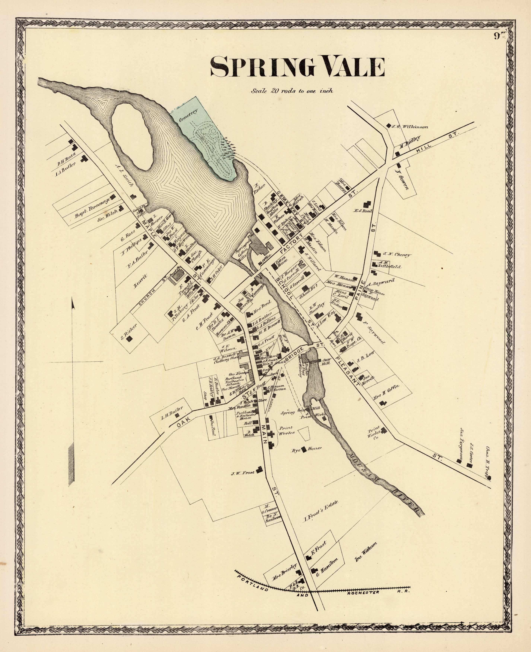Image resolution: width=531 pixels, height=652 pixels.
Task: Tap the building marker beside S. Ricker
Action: [130, 339]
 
